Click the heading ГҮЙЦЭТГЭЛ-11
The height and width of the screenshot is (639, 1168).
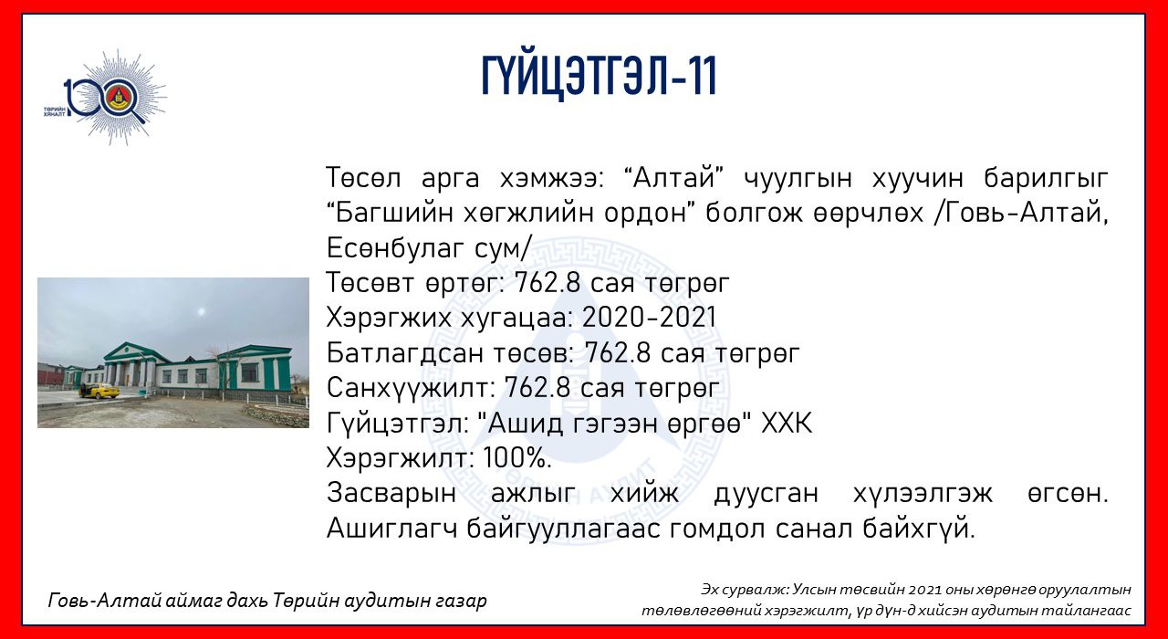point(599,76)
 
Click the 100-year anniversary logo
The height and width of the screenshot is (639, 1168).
point(107,98)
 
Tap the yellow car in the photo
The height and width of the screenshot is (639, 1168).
point(99,391)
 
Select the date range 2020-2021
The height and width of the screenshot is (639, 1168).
point(649,317)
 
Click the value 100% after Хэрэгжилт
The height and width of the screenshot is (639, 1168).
point(516,458)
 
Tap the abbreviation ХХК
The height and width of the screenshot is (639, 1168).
point(787,423)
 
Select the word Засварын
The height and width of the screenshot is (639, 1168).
point(391,494)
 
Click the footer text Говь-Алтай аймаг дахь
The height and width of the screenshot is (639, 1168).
point(158,601)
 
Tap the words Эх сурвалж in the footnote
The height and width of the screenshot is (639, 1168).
point(745,590)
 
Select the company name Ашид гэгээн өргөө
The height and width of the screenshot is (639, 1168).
point(614,424)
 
